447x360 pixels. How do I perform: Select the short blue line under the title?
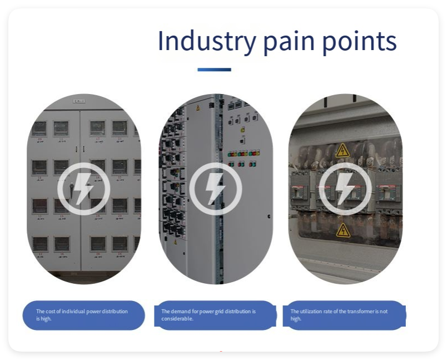214,70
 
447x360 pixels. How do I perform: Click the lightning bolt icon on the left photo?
83,189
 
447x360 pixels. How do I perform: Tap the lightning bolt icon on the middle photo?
216,189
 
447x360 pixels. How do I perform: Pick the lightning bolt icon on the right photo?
345,189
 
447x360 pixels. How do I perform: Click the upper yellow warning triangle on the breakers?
342,151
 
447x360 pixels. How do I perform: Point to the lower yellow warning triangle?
343,231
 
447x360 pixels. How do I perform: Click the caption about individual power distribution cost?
82,315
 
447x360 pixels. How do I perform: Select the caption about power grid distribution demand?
208,315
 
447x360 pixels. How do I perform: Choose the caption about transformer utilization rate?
339,315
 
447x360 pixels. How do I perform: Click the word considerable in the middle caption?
177,319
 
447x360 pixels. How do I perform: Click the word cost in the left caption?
50,311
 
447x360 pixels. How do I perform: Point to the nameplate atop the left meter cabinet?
79,101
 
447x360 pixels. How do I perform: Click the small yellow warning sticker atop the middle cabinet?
197,108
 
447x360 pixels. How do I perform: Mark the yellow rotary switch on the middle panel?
242,130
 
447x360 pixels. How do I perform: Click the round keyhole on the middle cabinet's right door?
269,217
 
